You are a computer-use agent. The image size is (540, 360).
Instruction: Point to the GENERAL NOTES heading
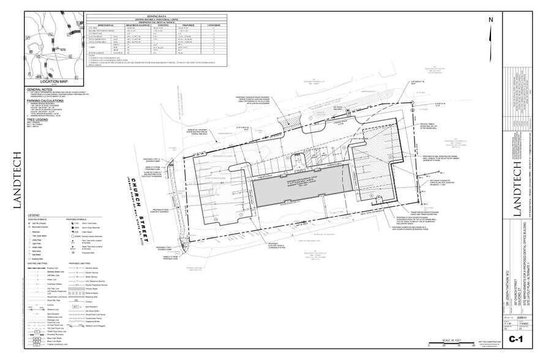(41, 89)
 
